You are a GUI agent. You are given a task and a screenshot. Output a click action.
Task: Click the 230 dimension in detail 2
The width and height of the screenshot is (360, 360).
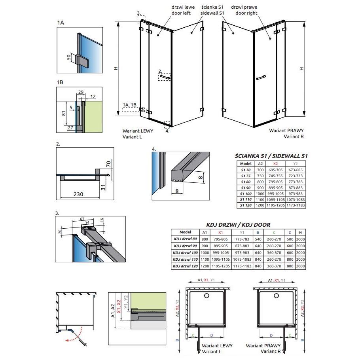[78, 194]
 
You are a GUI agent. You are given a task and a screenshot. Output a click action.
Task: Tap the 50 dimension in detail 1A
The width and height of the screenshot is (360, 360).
[69, 57]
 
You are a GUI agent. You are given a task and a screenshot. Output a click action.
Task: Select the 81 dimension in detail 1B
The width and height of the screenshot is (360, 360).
[64, 113]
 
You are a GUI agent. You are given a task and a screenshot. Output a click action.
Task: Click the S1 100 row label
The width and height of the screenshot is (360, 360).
[246, 193]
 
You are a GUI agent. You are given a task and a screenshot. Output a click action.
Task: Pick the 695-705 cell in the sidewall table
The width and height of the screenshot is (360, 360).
[275, 170]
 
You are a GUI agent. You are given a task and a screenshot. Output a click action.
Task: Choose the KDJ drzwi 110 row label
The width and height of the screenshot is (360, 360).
[185, 259]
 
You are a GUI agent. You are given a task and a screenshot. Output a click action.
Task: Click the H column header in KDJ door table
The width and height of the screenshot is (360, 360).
[300, 232]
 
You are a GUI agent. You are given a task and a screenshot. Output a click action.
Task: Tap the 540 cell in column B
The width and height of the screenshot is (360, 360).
[258, 239]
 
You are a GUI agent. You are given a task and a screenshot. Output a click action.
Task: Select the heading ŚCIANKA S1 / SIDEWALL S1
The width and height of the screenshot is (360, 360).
[271, 156]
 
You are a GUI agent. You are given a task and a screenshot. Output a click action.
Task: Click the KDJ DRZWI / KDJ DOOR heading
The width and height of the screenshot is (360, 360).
[238, 225]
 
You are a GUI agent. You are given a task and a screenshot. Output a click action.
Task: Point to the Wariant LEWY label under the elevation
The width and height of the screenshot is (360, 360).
[138, 131]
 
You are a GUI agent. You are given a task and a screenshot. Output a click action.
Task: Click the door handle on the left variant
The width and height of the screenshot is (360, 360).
[165, 77]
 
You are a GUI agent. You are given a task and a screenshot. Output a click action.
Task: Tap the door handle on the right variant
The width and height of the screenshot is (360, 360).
[261, 78]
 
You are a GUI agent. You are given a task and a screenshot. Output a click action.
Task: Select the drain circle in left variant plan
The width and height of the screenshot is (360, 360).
[207, 296]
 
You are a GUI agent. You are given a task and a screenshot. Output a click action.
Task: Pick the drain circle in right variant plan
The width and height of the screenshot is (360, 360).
[276, 296]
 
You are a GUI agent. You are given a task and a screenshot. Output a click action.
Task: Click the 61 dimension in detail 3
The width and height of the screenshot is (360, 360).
[82, 219]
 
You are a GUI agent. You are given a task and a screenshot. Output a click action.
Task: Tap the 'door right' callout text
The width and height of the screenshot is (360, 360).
[246, 13]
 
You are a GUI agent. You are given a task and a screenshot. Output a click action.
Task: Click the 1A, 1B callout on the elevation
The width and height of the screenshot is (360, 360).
[129, 105]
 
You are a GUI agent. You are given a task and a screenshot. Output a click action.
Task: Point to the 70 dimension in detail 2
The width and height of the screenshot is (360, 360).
[108, 164]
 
